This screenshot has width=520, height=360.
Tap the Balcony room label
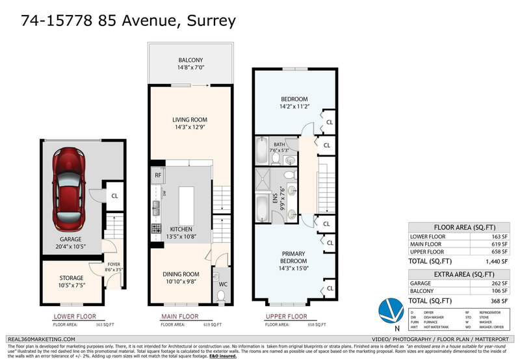point(190,62)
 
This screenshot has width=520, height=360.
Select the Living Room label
point(190,123)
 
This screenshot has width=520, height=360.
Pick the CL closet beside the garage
point(114,195)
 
